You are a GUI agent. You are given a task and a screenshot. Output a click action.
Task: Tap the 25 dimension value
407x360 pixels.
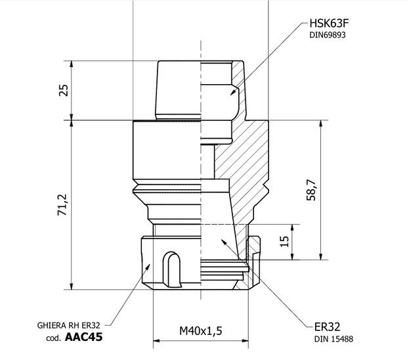(x=64, y=90)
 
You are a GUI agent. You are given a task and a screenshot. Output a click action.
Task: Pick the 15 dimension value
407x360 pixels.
(x=284, y=241)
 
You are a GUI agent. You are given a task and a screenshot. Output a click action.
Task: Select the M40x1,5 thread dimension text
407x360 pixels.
(x=201, y=331)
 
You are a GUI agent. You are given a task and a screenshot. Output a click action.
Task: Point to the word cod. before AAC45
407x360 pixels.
(x=54, y=338)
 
